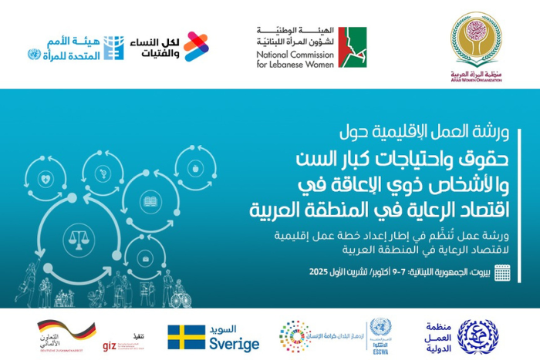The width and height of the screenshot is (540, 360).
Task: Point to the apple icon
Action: [x=195, y=167]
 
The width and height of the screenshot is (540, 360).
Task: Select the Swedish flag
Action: [x=186, y=337]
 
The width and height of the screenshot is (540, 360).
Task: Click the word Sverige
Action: [x=235, y=344]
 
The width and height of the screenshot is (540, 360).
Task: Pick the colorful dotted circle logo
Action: [x=295, y=337]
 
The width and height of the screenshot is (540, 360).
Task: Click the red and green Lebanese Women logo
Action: [x=352, y=47]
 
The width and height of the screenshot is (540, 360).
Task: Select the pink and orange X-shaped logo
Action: [x=196, y=46]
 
